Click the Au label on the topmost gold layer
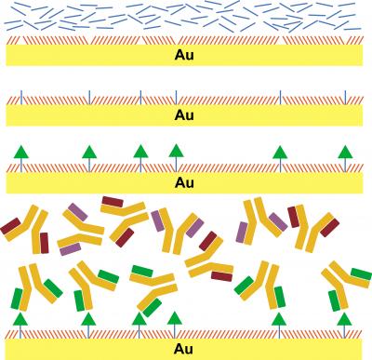(184, 54)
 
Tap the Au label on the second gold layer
(184, 115)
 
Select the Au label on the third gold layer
(184, 182)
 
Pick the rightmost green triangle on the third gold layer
(345, 150)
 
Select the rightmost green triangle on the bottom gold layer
(345, 320)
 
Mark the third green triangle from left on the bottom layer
(139, 320)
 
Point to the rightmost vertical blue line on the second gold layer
(345, 96)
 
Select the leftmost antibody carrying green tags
(30, 285)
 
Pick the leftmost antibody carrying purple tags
(78, 228)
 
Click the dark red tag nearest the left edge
(10, 225)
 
